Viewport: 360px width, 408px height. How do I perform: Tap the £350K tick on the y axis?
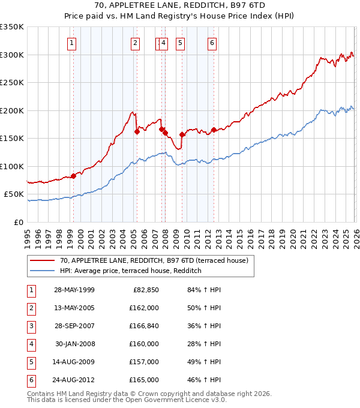click(12, 27)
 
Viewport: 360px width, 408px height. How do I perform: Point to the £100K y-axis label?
click(12, 166)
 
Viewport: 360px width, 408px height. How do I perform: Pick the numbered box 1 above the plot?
click(72, 43)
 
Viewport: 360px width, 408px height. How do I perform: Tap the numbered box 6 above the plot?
click(212, 43)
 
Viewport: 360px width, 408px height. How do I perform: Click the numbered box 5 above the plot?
click(180, 43)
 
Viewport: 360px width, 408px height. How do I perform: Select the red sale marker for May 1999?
click(73, 176)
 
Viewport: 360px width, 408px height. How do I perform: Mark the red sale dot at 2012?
click(214, 130)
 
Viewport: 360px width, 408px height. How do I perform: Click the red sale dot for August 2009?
click(182, 134)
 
